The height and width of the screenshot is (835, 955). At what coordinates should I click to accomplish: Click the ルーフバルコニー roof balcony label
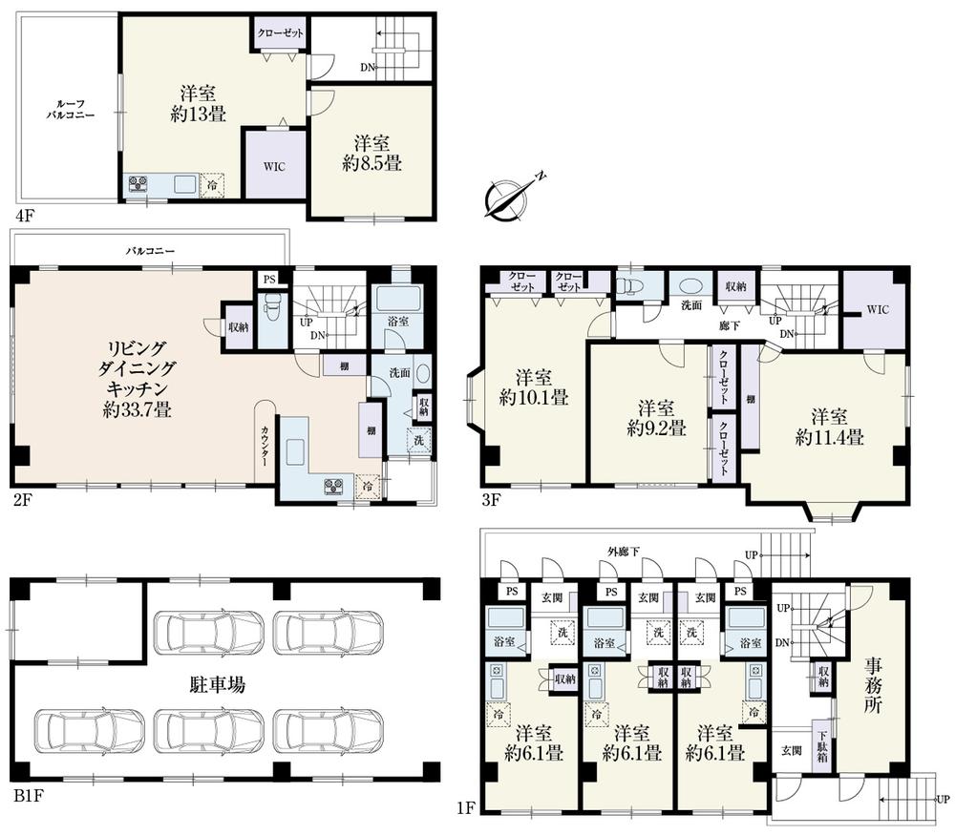66,107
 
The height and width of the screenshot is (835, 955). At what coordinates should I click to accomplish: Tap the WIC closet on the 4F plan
274,164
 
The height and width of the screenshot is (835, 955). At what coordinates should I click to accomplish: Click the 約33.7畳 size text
138,411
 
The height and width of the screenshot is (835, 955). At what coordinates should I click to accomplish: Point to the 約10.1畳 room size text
534,396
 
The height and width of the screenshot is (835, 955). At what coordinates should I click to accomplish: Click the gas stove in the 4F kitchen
137,184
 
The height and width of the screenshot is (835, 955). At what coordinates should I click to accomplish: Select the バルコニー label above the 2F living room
151,251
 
